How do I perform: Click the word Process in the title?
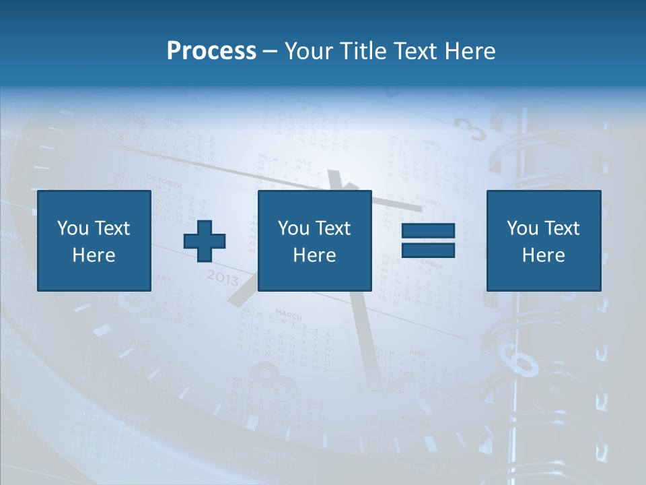[x=211, y=51]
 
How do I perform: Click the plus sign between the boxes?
[x=205, y=240]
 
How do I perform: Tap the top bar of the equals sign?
[x=428, y=231]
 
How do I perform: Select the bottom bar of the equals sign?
[x=428, y=250]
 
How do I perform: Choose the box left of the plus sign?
[x=94, y=240]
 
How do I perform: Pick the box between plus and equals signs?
[x=314, y=240]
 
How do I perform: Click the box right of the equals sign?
[x=543, y=240]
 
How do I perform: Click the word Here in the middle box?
[x=314, y=255]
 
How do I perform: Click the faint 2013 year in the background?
[x=222, y=276]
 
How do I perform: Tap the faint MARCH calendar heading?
[x=289, y=314]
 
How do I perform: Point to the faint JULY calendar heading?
[x=304, y=162]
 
